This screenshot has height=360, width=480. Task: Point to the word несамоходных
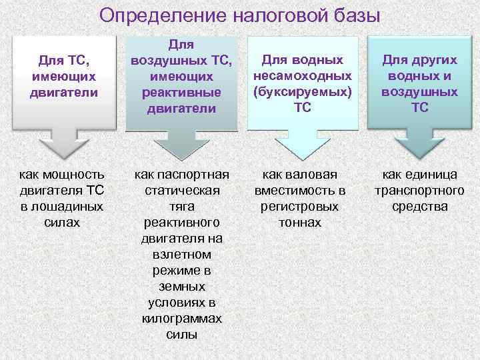[302, 75]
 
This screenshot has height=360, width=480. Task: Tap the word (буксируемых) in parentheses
[302, 91]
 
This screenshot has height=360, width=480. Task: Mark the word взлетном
[182, 255]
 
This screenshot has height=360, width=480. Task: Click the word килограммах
[182, 319]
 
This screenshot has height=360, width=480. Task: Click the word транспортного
[419, 191]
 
